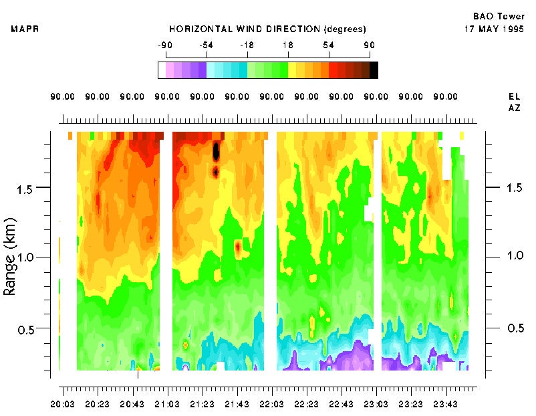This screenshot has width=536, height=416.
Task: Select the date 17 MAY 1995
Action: (x=493, y=29)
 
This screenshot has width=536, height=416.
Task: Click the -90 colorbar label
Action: (x=164, y=45)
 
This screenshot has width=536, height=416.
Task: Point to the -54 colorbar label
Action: (x=206, y=45)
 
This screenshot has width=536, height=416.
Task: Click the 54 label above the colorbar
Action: (x=329, y=45)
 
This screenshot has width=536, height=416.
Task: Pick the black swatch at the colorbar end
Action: (x=374, y=70)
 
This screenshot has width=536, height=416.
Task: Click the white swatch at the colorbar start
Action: (x=162, y=70)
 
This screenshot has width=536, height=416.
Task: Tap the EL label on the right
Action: (x=514, y=96)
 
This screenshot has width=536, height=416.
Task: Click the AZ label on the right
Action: (x=514, y=108)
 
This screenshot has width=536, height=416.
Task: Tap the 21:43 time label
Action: (x=237, y=405)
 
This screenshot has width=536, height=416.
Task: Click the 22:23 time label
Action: (x=306, y=405)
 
